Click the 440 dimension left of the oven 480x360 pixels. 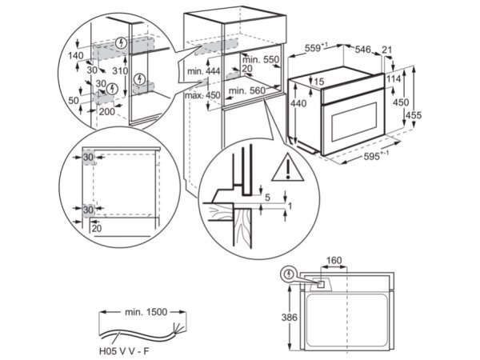tap(298, 103)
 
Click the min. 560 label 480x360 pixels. tap(246, 91)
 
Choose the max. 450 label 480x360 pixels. tap(202, 95)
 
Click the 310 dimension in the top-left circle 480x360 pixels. tap(121, 71)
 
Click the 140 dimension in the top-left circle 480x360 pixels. tap(76, 55)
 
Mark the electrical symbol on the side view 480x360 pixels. tap(286, 275)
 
